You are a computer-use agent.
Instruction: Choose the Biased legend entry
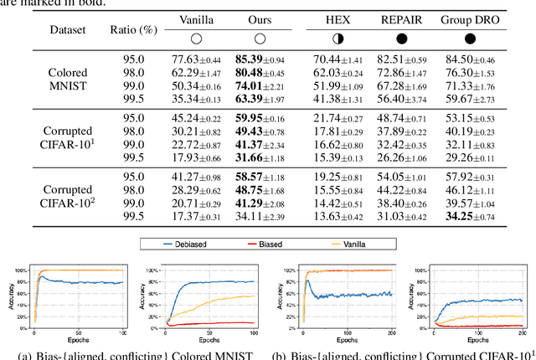point(276,244)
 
